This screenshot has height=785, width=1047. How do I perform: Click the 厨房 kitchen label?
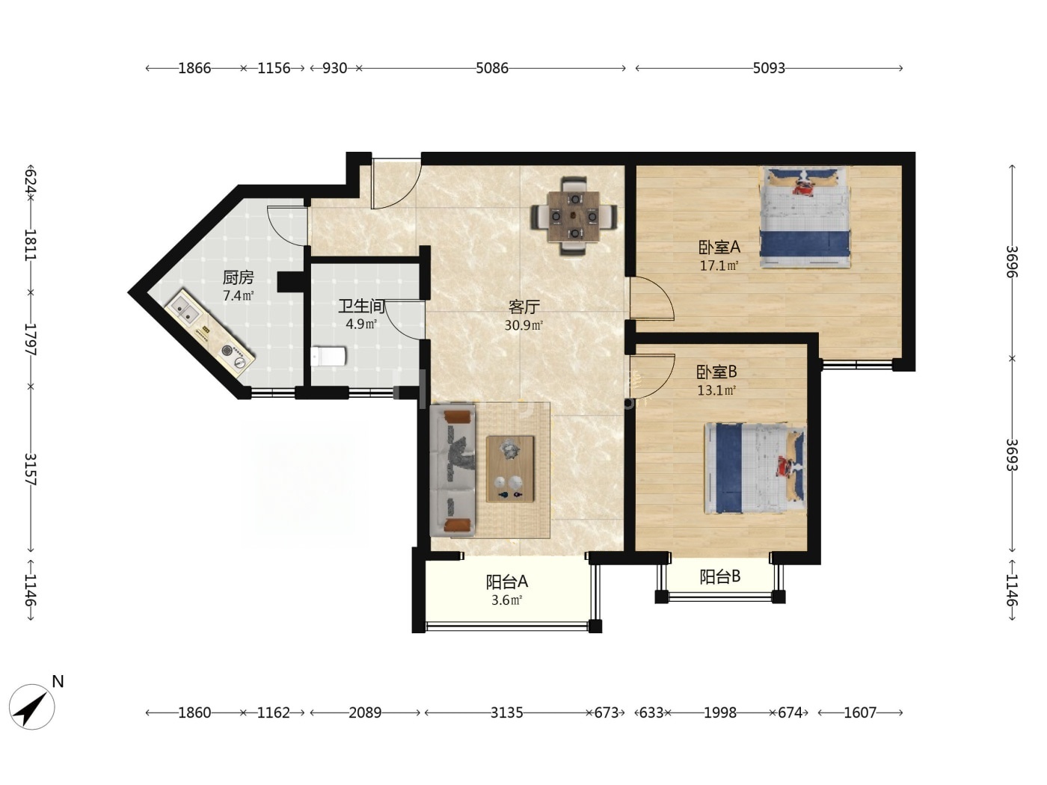[x=238, y=277]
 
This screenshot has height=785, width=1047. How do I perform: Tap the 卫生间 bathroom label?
[x=361, y=306]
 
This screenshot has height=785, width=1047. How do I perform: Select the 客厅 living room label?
[x=523, y=307]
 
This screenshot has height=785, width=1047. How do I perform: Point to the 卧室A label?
[x=719, y=247]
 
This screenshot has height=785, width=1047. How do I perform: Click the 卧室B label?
[x=716, y=372]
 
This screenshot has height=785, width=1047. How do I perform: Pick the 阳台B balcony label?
[x=719, y=576]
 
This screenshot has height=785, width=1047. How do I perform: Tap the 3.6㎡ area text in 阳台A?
[x=506, y=600]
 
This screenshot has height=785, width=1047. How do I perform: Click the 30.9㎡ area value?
[x=523, y=325]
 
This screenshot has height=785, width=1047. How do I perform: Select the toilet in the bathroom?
[x=328, y=357]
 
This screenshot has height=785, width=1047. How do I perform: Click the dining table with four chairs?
[x=574, y=216]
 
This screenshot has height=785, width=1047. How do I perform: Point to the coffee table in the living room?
[x=510, y=469]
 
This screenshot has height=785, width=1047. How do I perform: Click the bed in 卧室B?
[x=755, y=468]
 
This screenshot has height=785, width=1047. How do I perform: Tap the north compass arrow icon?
[x=32, y=706]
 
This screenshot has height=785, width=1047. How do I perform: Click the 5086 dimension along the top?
[x=492, y=68]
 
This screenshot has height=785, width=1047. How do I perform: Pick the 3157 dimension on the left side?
[x=31, y=469]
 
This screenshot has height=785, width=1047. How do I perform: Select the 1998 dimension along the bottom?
[x=720, y=712]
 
